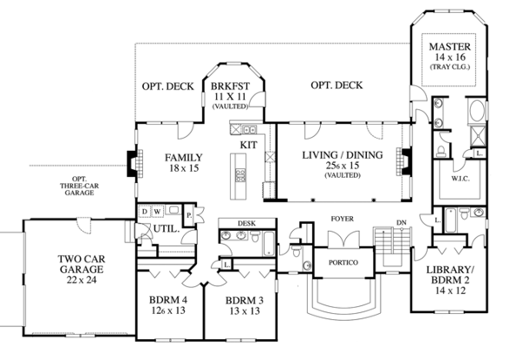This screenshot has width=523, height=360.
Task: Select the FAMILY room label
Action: coord(183,158)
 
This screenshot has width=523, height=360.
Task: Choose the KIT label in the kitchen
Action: coord(248,144)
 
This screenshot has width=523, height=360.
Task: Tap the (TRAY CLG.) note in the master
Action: coord(448,67)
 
